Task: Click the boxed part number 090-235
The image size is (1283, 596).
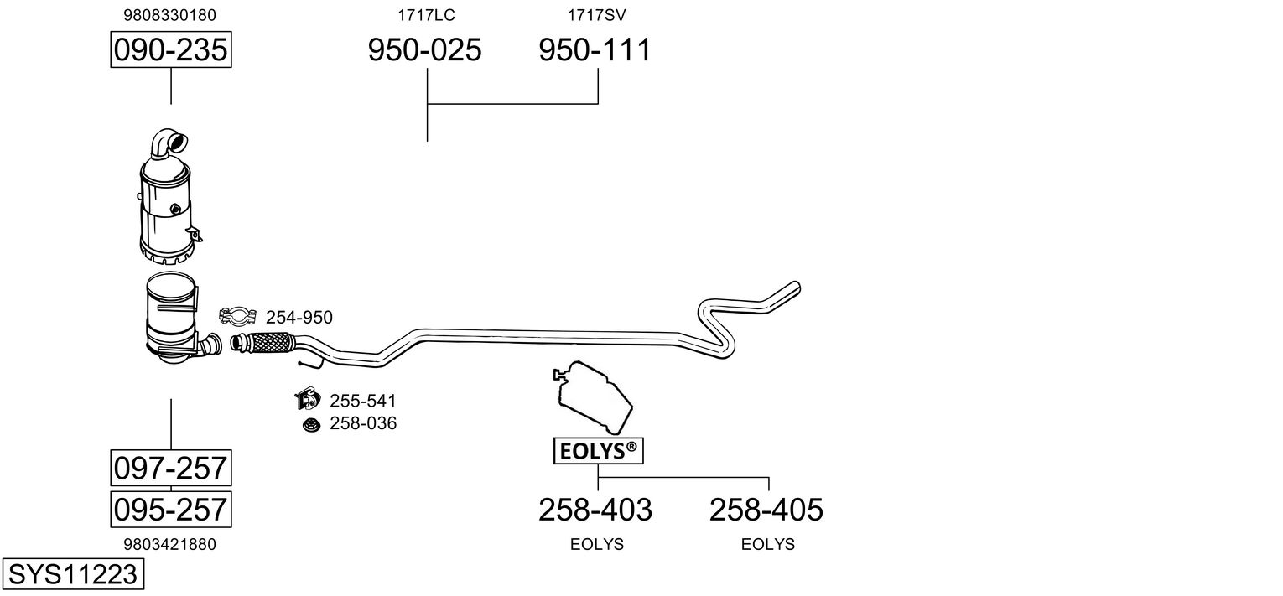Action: coord(171,49)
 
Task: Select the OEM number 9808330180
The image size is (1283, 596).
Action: coord(170,15)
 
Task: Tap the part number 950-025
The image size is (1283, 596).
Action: coord(424,49)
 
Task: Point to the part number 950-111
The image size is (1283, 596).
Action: coord(595,49)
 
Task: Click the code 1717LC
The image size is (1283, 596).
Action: coord(426,15)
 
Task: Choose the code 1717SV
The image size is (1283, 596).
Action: coord(597,15)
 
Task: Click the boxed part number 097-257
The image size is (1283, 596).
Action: coord(171,468)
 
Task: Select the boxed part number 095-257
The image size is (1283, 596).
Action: coord(171,509)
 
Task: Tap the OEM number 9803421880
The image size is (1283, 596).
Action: coord(170,544)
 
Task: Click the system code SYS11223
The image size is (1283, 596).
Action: coord(73,573)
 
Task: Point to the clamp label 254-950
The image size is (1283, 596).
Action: coord(299,317)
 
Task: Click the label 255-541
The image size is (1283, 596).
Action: coord(363,401)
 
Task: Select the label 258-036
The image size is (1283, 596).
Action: coord(363,423)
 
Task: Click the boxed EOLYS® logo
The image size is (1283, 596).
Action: coord(599,451)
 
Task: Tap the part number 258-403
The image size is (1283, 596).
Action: coord(595,510)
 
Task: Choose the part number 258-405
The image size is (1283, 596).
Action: coord(766,510)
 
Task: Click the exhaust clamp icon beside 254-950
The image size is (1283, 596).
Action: coord(237,315)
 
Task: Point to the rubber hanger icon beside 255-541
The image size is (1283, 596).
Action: coord(308,398)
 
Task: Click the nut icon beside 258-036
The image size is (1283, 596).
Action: coord(312,425)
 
